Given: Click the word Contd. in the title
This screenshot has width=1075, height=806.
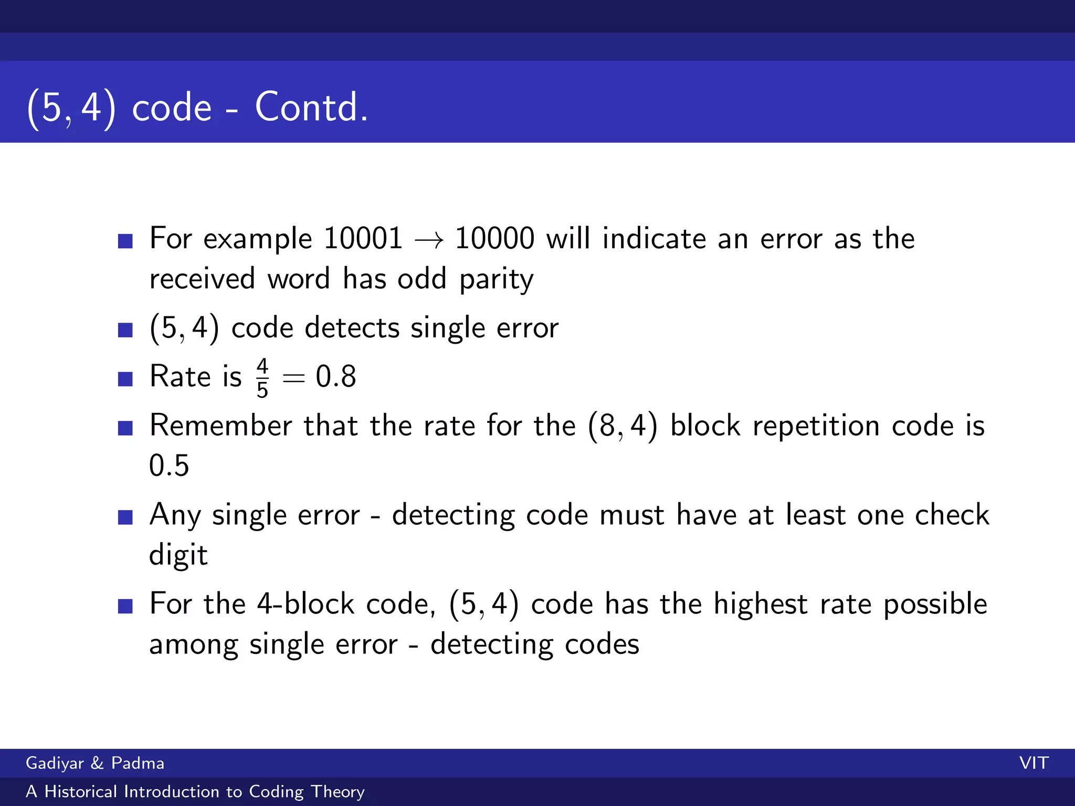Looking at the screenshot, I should click(x=311, y=107).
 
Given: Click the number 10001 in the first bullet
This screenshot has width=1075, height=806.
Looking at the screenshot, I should click(x=363, y=239).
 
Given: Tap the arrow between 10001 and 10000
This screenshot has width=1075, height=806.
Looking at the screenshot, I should click(x=429, y=241).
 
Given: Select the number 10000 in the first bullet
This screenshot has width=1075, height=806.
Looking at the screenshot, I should click(x=494, y=239).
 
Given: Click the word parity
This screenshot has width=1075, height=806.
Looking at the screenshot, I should click(x=496, y=280).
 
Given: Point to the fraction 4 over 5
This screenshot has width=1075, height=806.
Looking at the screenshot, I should click(x=262, y=378).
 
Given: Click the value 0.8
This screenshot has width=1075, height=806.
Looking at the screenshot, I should click(x=336, y=377).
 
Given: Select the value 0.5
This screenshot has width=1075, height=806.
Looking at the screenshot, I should click(x=169, y=465).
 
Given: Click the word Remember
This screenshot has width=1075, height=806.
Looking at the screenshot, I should click(x=220, y=426).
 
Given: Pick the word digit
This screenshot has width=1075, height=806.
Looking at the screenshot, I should click(x=178, y=555).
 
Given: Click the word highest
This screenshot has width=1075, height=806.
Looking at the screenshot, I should click(x=760, y=604).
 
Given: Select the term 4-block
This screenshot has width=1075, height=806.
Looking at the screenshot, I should click(x=305, y=604).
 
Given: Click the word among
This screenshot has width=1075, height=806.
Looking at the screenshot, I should click(x=194, y=645).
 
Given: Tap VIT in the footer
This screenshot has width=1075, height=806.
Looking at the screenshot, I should click(x=1034, y=763).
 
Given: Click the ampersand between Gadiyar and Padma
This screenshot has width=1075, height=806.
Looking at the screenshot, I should click(x=97, y=763).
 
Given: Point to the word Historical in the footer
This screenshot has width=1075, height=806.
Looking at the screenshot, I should click(x=80, y=791).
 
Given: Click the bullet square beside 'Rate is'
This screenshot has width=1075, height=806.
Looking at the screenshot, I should click(x=125, y=378).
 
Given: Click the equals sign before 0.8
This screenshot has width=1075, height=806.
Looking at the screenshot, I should click(x=293, y=378).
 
